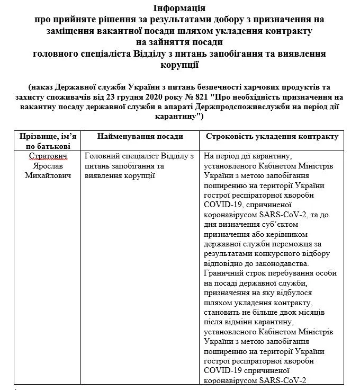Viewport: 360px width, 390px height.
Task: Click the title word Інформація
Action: pos(179,9)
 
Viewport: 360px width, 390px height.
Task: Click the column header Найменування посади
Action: pos(140,137)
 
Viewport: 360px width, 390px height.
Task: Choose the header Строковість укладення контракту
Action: pos(272,137)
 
